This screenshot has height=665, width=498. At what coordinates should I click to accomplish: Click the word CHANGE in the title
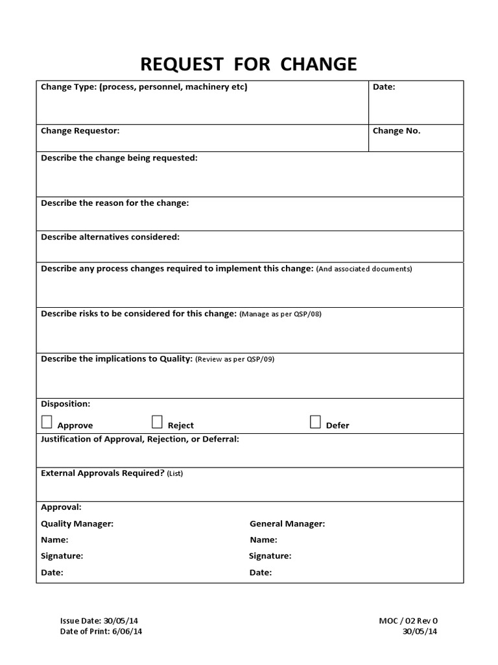318,64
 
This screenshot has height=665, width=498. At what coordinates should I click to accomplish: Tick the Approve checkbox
47,422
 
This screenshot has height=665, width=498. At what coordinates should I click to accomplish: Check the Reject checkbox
157,422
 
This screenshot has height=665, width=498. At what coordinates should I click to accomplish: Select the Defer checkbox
315,422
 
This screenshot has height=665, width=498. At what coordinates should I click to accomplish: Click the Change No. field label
396,131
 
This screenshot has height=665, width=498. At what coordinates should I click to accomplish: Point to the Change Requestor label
80,131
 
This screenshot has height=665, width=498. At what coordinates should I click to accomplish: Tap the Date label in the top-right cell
384,87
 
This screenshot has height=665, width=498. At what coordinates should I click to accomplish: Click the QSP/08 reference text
307,314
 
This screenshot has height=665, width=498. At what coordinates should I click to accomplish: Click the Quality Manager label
77,523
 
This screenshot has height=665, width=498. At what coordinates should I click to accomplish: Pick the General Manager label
287,523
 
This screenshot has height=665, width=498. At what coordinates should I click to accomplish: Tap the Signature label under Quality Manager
62,556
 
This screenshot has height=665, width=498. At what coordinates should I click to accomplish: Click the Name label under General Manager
263,540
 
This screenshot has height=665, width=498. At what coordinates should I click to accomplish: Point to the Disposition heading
65,404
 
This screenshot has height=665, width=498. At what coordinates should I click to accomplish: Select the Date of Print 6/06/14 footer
101,631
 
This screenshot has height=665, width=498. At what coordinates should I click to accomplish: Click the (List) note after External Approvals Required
175,473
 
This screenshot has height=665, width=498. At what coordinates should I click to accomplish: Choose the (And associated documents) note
364,269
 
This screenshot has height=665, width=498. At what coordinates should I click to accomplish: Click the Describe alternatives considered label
110,237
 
